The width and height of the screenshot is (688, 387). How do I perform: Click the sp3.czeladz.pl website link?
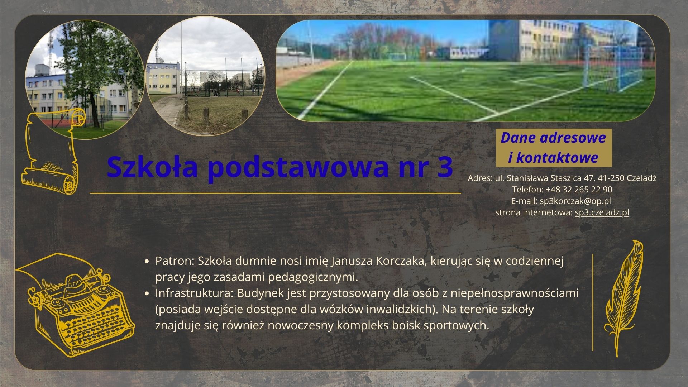click(602, 212)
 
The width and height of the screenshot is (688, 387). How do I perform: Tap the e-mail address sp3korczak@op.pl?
click(575, 201)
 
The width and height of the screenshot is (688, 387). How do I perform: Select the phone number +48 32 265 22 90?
click(579, 190)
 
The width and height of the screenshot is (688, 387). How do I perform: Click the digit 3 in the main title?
click(444, 167)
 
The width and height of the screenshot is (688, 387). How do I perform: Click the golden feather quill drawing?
click(624, 297)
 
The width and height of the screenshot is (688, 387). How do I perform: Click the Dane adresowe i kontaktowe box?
click(554, 148)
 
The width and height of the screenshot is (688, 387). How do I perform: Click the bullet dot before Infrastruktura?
click(146, 293)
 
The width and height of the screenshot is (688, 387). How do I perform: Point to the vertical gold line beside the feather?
click(593, 302)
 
